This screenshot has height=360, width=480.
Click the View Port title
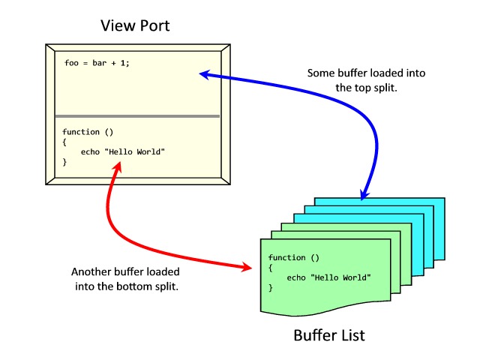click(136, 26)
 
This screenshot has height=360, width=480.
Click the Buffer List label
click(329, 334)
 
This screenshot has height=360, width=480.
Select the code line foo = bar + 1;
click(97, 63)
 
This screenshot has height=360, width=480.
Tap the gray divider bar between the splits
click(136, 116)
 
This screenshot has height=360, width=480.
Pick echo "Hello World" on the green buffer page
click(328, 277)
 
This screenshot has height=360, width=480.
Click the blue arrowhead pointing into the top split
click(204, 73)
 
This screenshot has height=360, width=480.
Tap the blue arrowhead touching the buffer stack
click(363, 194)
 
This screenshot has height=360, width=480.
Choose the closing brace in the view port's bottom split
click(64, 161)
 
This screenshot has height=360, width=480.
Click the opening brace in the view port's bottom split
click(64, 142)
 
